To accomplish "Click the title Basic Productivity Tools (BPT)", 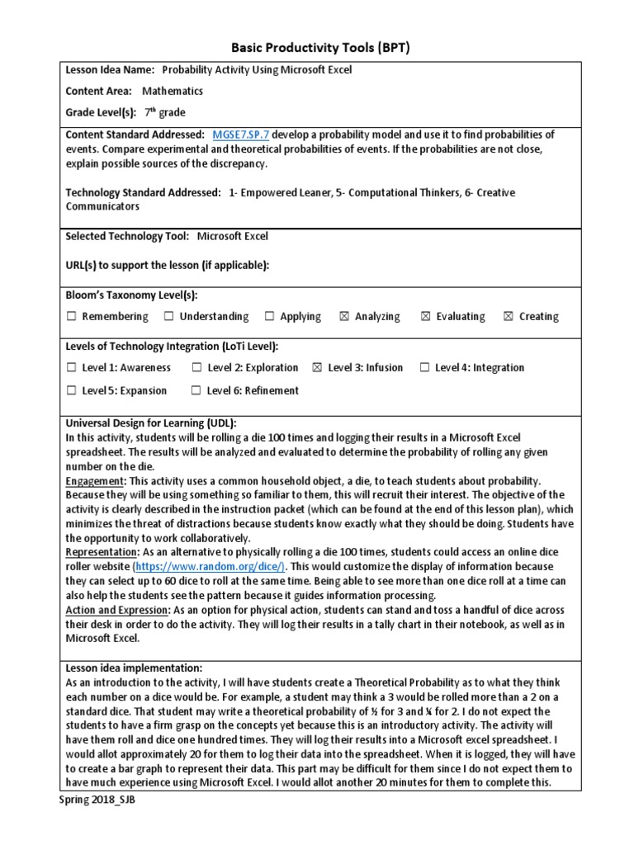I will tap(317, 48).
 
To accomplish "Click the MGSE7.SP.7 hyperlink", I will tap(241, 135).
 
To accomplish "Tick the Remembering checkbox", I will tap(72, 317).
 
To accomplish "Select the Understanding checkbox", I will tap(169, 317).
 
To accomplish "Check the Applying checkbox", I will tap(270, 317).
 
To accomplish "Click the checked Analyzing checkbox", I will tap(344, 317).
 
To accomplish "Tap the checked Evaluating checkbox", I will tap(426, 317).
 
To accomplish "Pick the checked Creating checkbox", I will tap(508, 317).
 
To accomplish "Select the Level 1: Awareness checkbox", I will tap(72, 368).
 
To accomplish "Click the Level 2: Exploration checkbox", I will tap(196, 368).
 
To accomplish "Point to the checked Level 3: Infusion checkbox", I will tap(317, 368).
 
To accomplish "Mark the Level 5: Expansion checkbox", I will tap(72, 391).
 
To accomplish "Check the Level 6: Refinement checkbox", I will tap(196, 391).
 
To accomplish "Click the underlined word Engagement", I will tap(94, 480).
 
